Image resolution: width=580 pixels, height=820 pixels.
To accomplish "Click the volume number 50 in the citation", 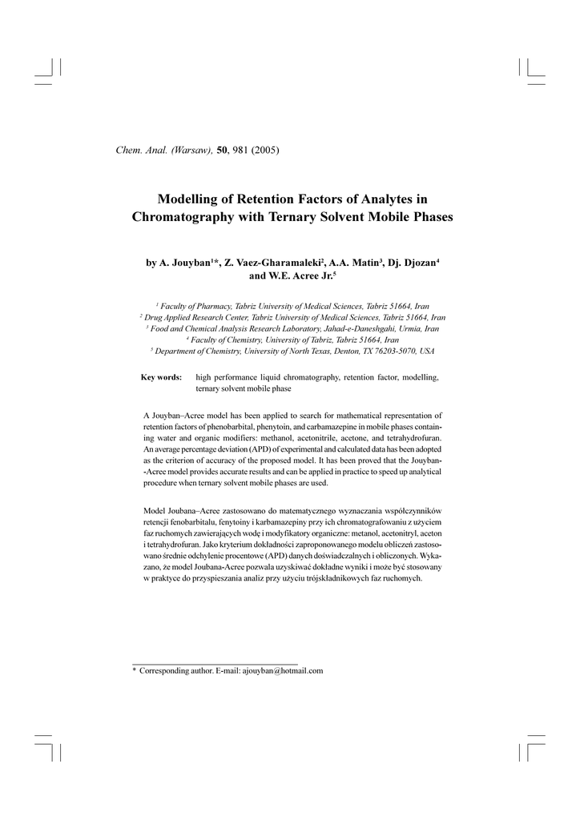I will pos(223,151).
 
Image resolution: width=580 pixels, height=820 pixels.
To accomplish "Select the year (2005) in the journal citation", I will pos(265,151).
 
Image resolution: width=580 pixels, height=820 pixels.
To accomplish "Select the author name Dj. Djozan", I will pos(411,262).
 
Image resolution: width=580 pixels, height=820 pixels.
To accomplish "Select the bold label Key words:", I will pos(161,377).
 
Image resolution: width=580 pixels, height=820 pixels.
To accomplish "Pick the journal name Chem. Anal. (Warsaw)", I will pos(165,151).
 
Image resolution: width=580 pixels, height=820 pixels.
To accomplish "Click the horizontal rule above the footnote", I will pos(214,664).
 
